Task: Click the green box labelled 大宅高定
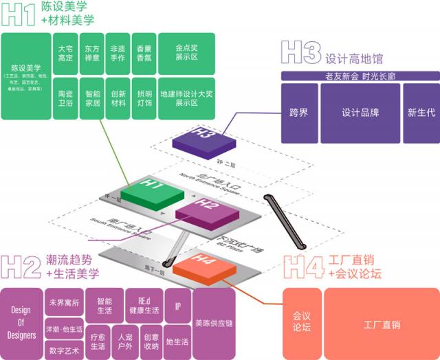[x=65, y=54]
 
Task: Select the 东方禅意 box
[x=91, y=54]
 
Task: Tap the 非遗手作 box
[x=118, y=54]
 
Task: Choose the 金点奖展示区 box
[x=186, y=54]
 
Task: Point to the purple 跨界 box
[x=299, y=113]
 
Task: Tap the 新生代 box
[x=419, y=113]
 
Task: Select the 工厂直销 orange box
[x=382, y=324]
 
